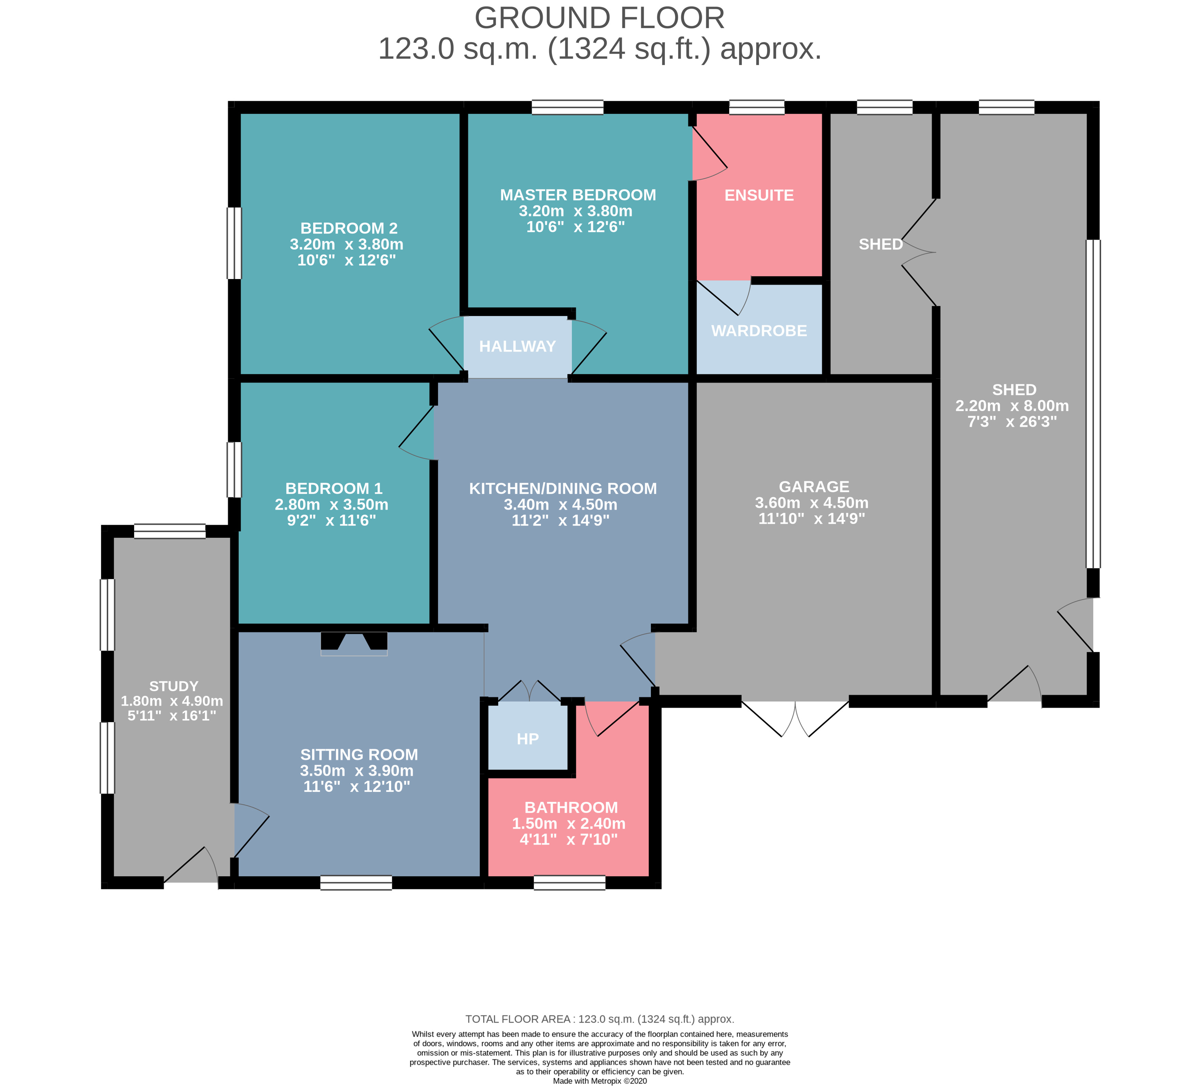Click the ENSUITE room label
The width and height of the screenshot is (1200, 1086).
pos(759,195)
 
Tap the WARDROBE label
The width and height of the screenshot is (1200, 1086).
pos(759,331)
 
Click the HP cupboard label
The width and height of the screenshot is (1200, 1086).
pos(527,739)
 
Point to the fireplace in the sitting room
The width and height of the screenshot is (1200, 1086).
pos(354,643)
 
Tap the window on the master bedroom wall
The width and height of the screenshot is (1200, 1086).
pos(567,107)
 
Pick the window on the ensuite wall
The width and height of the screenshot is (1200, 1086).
pos(757,107)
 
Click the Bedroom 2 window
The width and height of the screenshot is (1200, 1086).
pos(234,243)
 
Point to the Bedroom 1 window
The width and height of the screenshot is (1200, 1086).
pos(234,469)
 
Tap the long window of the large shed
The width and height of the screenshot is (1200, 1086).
pos(1094,404)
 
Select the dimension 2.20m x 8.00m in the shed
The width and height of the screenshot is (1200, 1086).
pos(1012,406)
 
